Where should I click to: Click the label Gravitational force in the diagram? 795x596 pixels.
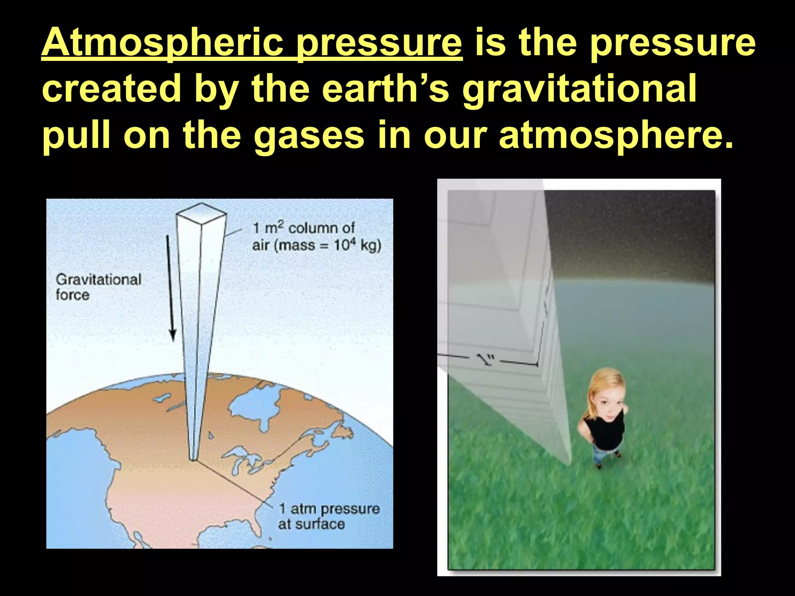pos(98,287)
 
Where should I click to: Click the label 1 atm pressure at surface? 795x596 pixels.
pos(328,516)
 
